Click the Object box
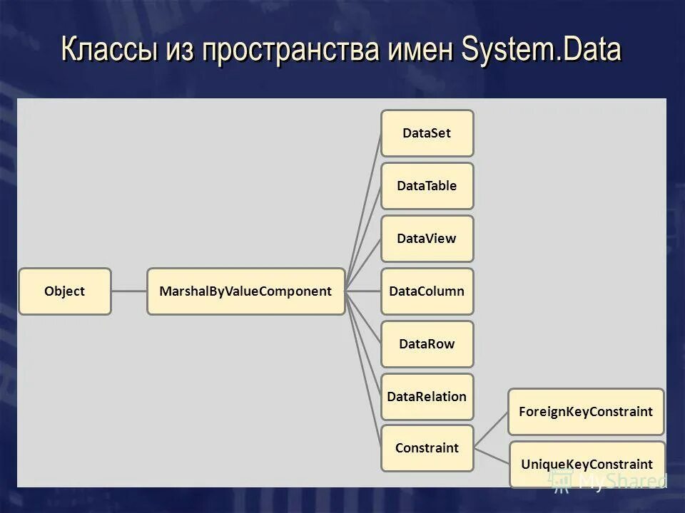[64, 291]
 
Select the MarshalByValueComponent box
[245, 291]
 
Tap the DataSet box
[427, 133]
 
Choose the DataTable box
[427, 186]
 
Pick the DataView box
[427, 239]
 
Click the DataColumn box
[427, 291]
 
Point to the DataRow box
[427, 344]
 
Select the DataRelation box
[427, 397]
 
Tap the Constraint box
[427, 448]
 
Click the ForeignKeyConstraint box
[585, 412]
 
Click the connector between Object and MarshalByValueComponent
[129, 291]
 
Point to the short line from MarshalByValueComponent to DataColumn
[362, 291]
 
